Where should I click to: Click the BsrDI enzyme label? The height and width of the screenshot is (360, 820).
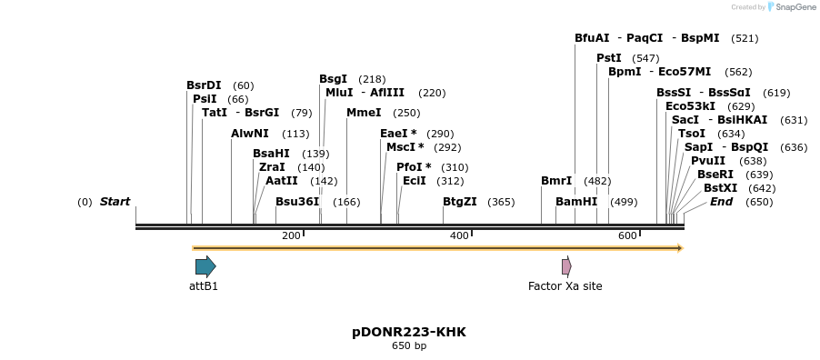[x=204, y=85]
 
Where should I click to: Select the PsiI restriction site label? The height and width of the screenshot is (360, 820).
[x=205, y=99]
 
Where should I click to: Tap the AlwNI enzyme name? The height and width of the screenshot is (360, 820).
[x=250, y=134]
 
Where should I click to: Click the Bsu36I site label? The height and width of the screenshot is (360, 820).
[x=297, y=202]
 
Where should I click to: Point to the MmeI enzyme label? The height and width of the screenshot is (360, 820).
[x=364, y=113]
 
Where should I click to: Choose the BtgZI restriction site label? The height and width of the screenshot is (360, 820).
[x=459, y=202]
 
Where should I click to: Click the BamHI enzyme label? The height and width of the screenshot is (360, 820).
[x=576, y=202]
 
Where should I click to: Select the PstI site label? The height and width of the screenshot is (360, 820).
[x=609, y=58]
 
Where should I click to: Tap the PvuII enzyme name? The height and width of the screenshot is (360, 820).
[x=708, y=161]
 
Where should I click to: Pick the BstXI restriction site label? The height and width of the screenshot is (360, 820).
[x=720, y=188]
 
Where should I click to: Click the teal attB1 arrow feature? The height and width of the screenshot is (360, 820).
[x=205, y=266]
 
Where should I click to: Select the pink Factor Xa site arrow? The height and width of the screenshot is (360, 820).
[x=566, y=266]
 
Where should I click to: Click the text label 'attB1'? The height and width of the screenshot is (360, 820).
[x=204, y=286]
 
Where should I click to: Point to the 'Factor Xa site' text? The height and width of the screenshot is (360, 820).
[x=565, y=286]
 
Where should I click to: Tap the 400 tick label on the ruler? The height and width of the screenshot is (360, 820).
[x=460, y=236]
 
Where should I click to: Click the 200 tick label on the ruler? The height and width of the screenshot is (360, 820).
[x=291, y=236]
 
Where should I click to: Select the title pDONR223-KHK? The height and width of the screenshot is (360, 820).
[x=409, y=332]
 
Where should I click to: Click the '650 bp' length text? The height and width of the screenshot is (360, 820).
[x=409, y=346]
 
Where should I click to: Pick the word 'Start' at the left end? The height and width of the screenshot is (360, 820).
[x=115, y=202]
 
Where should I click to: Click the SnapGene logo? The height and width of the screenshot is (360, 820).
[x=789, y=7]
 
